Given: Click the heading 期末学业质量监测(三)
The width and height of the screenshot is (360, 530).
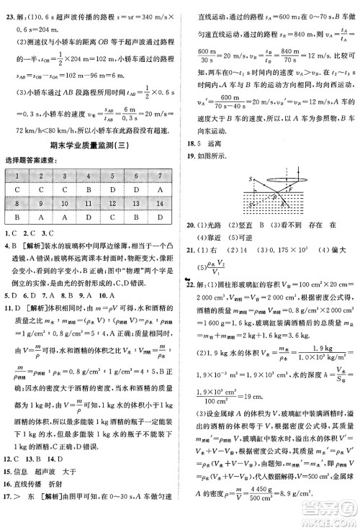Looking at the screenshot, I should pos(91,146).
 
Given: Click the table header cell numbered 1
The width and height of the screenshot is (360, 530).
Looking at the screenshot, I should pos(16,176).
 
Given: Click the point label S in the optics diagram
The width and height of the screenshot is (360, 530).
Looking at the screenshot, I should pos(249,178).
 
